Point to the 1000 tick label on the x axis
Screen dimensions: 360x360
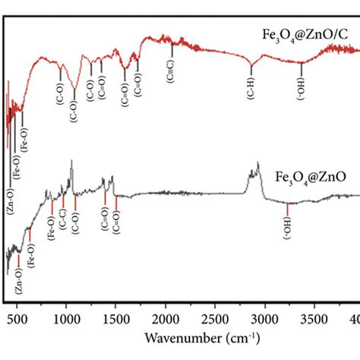tap(66, 318)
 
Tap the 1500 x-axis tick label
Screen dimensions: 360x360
tap(115, 318)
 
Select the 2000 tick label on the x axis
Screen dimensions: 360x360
tap(166, 318)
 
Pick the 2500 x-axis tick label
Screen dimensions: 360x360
tap(215, 318)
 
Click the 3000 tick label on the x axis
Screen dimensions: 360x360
tap(265, 318)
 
